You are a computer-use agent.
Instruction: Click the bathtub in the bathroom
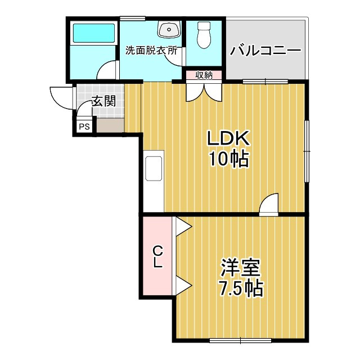point(94,33)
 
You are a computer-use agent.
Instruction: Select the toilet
point(204,35)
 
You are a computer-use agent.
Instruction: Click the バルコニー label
point(265,51)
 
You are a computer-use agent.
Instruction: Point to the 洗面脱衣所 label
point(151,50)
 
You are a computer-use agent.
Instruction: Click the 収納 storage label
point(204,75)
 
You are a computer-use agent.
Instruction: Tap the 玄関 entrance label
point(103,101)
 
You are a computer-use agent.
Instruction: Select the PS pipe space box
point(84,127)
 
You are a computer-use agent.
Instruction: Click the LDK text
point(228,138)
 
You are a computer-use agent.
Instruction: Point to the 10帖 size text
point(228,159)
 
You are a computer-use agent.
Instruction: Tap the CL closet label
point(157,256)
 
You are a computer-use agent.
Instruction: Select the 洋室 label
point(240,268)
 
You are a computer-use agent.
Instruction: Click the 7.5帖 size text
point(240,289)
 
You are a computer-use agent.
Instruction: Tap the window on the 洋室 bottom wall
point(240,340)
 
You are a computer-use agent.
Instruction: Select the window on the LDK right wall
point(307,151)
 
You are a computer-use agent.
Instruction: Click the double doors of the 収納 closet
point(204,92)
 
